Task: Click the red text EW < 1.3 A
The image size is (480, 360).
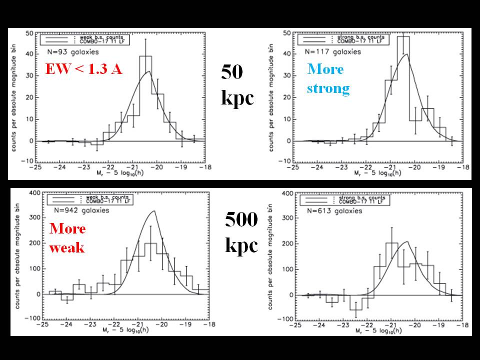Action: [x=83, y=69]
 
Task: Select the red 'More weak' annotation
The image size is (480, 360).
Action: [x=67, y=238]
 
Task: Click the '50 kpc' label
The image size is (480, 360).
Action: [x=237, y=85]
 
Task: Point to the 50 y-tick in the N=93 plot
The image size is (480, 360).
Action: [x=29, y=33]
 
